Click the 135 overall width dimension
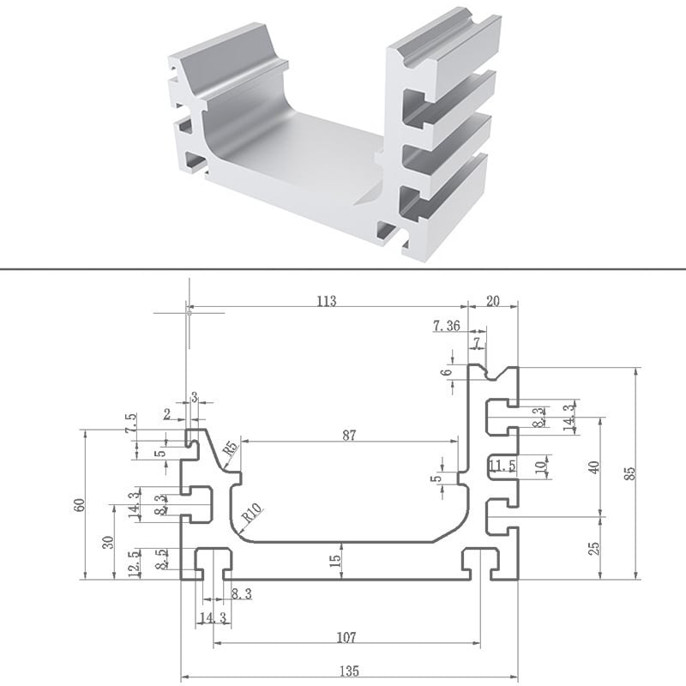coord(349,671)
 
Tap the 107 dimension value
coord(346,637)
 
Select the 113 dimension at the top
coord(327,301)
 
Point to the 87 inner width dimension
coord(349,436)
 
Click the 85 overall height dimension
coord(630,474)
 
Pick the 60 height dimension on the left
coord(79,505)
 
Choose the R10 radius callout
coord(252,513)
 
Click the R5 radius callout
coord(231,448)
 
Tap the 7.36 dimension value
coord(447,326)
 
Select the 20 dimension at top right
coord(492,301)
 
